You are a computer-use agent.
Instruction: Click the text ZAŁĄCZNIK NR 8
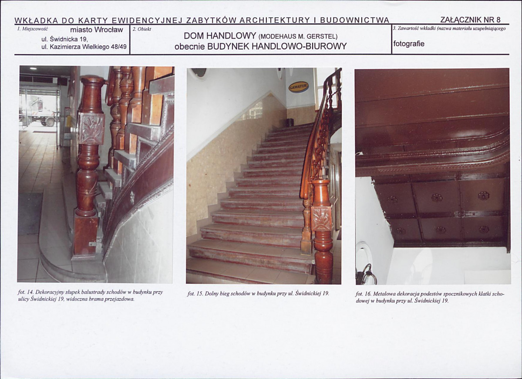click(470, 20)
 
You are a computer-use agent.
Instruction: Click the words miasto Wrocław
click(97, 30)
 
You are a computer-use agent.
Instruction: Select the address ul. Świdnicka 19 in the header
click(64, 39)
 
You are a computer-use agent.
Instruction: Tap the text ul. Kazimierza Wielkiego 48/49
click(84, 47)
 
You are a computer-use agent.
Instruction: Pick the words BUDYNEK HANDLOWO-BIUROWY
click(277, 46)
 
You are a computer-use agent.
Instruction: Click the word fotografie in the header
click(409, 44)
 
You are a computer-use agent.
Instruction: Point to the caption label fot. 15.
click(195, 294)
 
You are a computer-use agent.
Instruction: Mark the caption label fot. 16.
click(363, 294)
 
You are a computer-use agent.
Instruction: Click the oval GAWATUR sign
click(298, 87)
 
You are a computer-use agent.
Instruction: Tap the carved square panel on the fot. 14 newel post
click(91, 128)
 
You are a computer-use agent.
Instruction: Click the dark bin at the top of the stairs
click(289, 122)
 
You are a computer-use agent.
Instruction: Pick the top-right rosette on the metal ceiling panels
click(483, 196)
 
